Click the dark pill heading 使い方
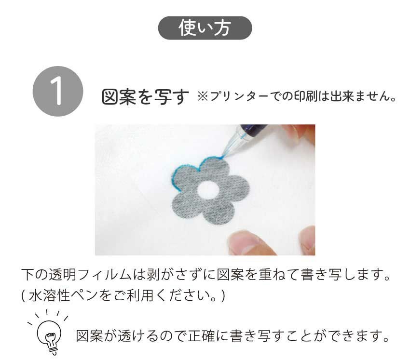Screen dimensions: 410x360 (205, 28)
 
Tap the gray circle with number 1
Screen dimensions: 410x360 (58, 91)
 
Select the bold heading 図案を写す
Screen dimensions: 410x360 (145, 97)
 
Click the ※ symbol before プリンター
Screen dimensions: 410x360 (203, 97)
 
